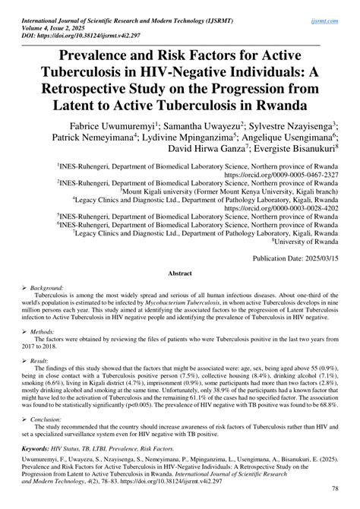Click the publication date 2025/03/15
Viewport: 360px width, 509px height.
tap(319, 259)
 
